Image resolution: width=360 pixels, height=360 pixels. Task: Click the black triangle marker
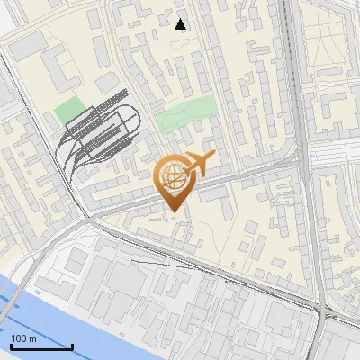tap(181, 23)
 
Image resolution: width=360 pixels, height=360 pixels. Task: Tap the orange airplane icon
tap(195, 166)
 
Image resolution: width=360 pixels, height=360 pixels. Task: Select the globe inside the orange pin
tap(171, 178)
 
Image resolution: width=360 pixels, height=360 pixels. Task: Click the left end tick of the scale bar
tap(12, 346)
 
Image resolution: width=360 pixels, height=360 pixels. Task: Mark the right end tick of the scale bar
tap(72, 346)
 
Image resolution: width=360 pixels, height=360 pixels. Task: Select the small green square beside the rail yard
tap(67, 112)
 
